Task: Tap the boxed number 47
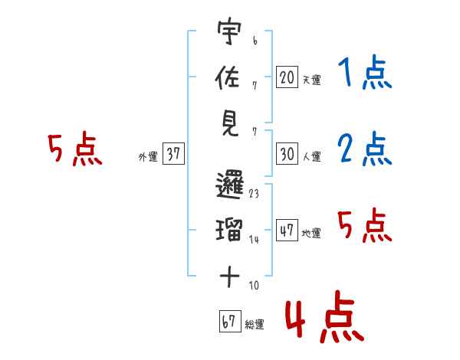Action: click(x=287, y=231)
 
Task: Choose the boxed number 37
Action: click(x=172, y=155)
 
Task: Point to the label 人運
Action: click(x=311, y=156)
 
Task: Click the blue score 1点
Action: click(x=364, y=74)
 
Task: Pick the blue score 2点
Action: click(x=364, y=149)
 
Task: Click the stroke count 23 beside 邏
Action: click(x=254, y=194)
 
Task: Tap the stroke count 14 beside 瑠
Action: click(x=254, y=240)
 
